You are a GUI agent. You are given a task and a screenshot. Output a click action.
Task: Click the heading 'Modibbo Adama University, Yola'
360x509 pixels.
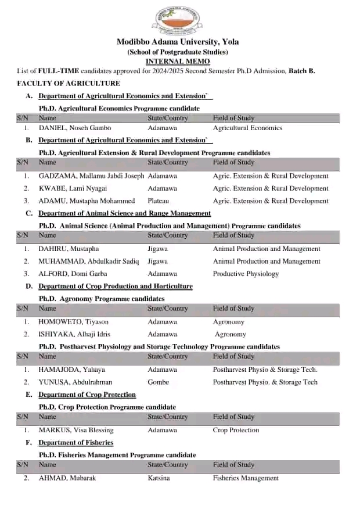click(x=178, y=42)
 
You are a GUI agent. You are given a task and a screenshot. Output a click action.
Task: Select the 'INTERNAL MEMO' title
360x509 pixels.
click(x=178, y=62)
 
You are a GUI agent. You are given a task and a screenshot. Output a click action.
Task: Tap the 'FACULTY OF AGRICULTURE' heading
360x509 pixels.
click(x=69, y=84)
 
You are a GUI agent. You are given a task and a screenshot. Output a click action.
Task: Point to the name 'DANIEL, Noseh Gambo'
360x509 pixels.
click(x=75, y=128)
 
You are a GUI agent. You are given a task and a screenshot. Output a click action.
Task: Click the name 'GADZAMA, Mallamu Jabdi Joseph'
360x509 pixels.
click(x=91, y=175)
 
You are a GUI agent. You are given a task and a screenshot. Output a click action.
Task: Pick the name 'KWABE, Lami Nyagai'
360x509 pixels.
click(x=73, y=188)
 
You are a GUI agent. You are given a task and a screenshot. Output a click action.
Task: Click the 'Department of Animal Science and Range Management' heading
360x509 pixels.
click(x=125, y=213)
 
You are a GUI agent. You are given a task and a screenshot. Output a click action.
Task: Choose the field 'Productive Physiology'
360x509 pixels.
click(x=246, y=274)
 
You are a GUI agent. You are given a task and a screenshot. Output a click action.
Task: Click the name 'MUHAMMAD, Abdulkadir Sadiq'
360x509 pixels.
click(x=89, y=261)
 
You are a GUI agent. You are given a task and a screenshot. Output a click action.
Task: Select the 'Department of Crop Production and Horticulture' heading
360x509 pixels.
click(x=116, y=286)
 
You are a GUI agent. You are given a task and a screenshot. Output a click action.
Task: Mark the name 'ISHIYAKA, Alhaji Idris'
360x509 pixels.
click(x=74, y=334)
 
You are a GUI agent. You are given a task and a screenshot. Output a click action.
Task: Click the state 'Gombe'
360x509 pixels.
click(x=159, y=382)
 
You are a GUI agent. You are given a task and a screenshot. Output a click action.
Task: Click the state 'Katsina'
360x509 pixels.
click(x=159, y=478)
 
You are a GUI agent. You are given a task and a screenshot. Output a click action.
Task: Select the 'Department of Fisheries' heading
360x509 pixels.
click(x=76, y=443)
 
